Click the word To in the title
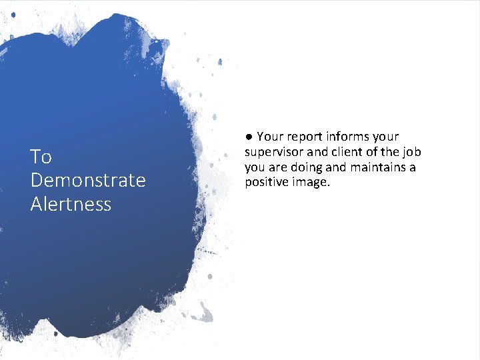coord(41,157)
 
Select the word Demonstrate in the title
coord(87,181)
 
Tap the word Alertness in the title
coord(71,204)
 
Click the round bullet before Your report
coord(248,137)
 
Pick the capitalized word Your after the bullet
coord(270,137)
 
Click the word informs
coord(351,137)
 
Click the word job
coord(412,152)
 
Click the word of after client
coord(373,152)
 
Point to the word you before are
coord(255,167)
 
